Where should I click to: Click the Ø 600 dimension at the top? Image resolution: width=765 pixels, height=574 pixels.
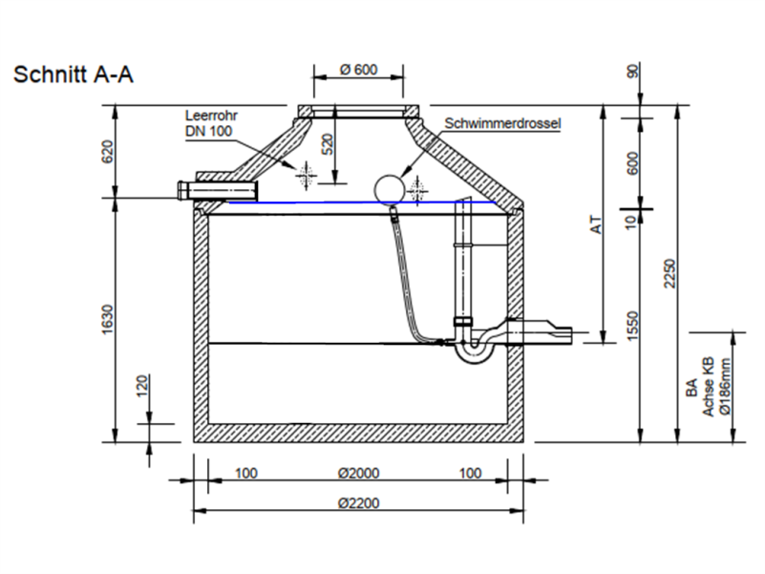click(x=358, y=69)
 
